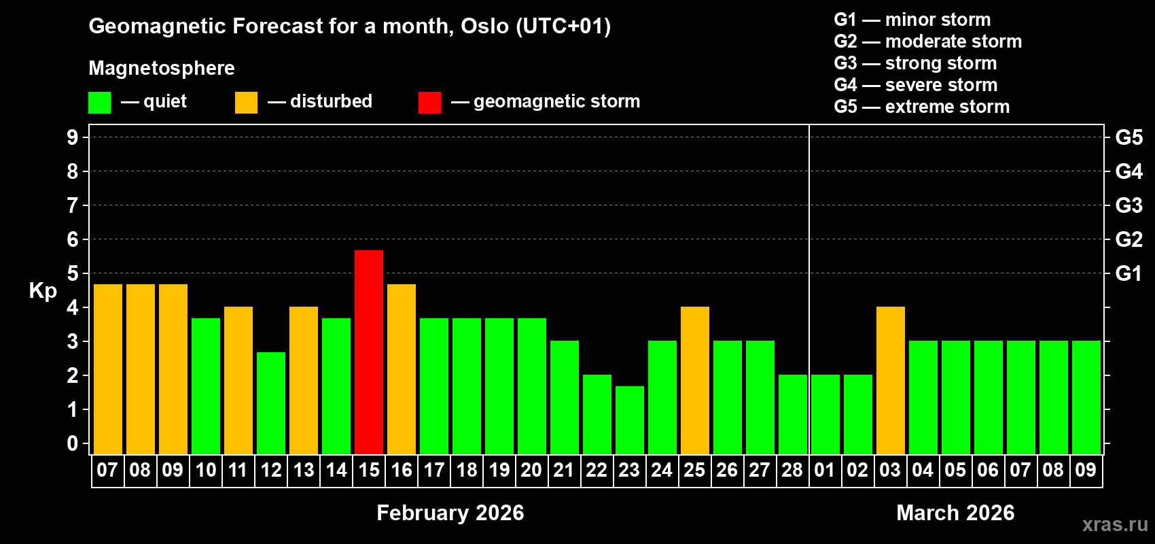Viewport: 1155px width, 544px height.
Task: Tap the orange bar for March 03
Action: [891, 380]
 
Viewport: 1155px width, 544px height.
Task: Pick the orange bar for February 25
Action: [695, 380]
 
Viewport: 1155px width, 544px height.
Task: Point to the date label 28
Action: [792, 471]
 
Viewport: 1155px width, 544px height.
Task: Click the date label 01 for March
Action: [825, 471]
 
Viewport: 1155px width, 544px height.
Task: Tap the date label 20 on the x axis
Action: [531, 471]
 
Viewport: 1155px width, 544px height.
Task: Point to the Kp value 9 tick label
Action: [73, 137]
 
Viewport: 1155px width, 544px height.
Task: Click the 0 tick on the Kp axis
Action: [73, 444]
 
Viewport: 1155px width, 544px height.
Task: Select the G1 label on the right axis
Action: [1129, 273]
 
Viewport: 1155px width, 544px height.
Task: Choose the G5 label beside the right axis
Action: [1129, 137]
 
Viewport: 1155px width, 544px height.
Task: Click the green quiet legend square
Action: [100, 103]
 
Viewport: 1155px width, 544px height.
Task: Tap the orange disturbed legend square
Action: [247, 103]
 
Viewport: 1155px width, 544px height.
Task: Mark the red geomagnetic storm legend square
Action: [429, 103]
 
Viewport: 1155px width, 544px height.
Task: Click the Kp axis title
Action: [43, 291]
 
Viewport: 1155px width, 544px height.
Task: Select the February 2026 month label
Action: [450, 513]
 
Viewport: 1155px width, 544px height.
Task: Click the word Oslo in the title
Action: [484, 26]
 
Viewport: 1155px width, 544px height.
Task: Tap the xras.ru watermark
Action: [1115, 524]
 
